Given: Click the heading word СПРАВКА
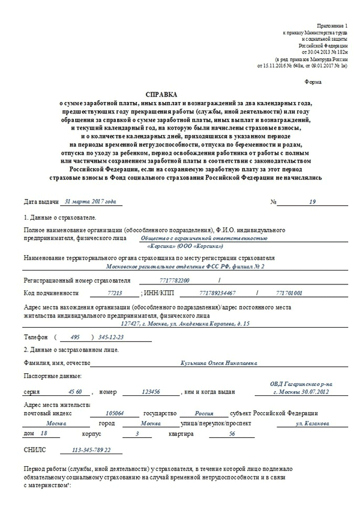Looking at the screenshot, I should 161,95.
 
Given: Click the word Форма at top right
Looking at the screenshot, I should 313,81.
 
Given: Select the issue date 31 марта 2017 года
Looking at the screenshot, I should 90,202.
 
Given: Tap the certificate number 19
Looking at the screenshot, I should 312,202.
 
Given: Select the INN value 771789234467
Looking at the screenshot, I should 217,293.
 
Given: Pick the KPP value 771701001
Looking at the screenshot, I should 289,293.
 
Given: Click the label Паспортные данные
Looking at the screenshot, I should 52,376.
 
